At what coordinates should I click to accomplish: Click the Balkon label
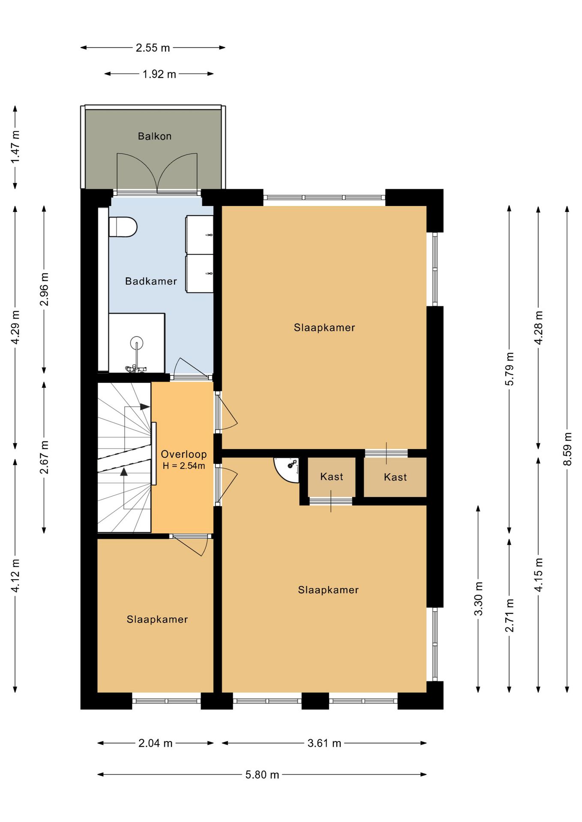(x=155, y=136)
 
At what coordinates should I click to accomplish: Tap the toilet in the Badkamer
(x=123, y=227)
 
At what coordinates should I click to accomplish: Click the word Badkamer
(x=151, y=281)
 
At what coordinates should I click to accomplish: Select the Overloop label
(x=184, y=454)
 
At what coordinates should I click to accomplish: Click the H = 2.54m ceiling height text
(x=184, y=466)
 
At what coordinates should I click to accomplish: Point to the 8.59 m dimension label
(x=567, y=449)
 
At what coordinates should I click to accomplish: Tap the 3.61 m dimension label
(x=324, y=743)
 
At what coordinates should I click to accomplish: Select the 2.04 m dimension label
(x=156, y=743)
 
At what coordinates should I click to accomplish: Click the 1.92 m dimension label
(x=159, y=74)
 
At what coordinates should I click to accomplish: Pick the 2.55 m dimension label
(x=153, y=48)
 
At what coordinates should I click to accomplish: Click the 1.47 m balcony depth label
(x=15, y=147)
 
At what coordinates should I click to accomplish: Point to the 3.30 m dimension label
(x=478, y=599)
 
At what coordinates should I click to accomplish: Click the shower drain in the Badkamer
(x=136, y=343)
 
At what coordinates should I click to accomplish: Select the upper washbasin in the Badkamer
(x=200, y=234)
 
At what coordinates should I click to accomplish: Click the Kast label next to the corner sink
(x=332, y=477)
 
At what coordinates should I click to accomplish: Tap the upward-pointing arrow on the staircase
(x=124, y=471)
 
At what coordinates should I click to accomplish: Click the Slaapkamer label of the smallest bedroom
(x=157, y=619)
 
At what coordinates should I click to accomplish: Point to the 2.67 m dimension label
(x=44, y=457)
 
